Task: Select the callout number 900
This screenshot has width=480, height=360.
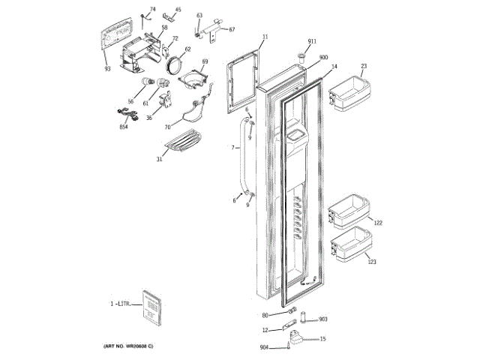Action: [x=323, y=57]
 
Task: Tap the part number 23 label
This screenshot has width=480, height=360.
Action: [x=363, y=66]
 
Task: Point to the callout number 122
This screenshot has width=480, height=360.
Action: [x=378, y=223]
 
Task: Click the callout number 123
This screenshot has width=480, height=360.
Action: [x=372, y=262]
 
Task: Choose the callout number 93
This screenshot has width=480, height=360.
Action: [x=107, y=69]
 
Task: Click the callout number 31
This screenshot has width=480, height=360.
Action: [x=159, y=158]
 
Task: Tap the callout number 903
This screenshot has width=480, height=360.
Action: [x=323, y=319]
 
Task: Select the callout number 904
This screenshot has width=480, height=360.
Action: [x=264, y=347]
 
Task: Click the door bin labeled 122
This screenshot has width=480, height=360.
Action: [x=349, y=212]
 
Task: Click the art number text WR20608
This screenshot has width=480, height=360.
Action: [x=129, y=346]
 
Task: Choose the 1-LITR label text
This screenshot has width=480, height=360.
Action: [x=121, y=304]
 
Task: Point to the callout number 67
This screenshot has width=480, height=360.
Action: [x=232, y=29]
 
